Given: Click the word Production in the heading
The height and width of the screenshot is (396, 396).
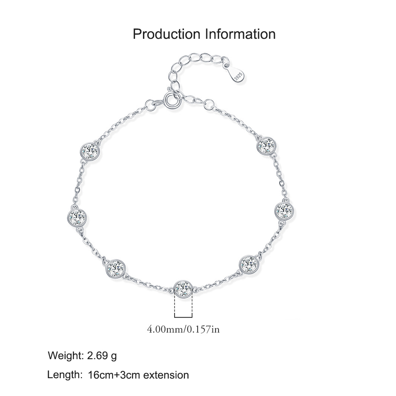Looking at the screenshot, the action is click(x=166, y=34).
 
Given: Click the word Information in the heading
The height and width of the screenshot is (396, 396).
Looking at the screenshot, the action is click(x=240, y=34).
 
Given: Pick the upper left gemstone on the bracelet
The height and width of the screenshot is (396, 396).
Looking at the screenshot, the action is click(x=90, y=152).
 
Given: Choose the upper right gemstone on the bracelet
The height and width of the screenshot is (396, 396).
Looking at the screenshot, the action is click(x=267, y=146).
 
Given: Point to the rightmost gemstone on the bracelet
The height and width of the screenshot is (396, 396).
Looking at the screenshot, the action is click(x=285, y=211).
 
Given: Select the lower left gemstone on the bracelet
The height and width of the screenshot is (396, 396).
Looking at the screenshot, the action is click(x=116, y=269).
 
